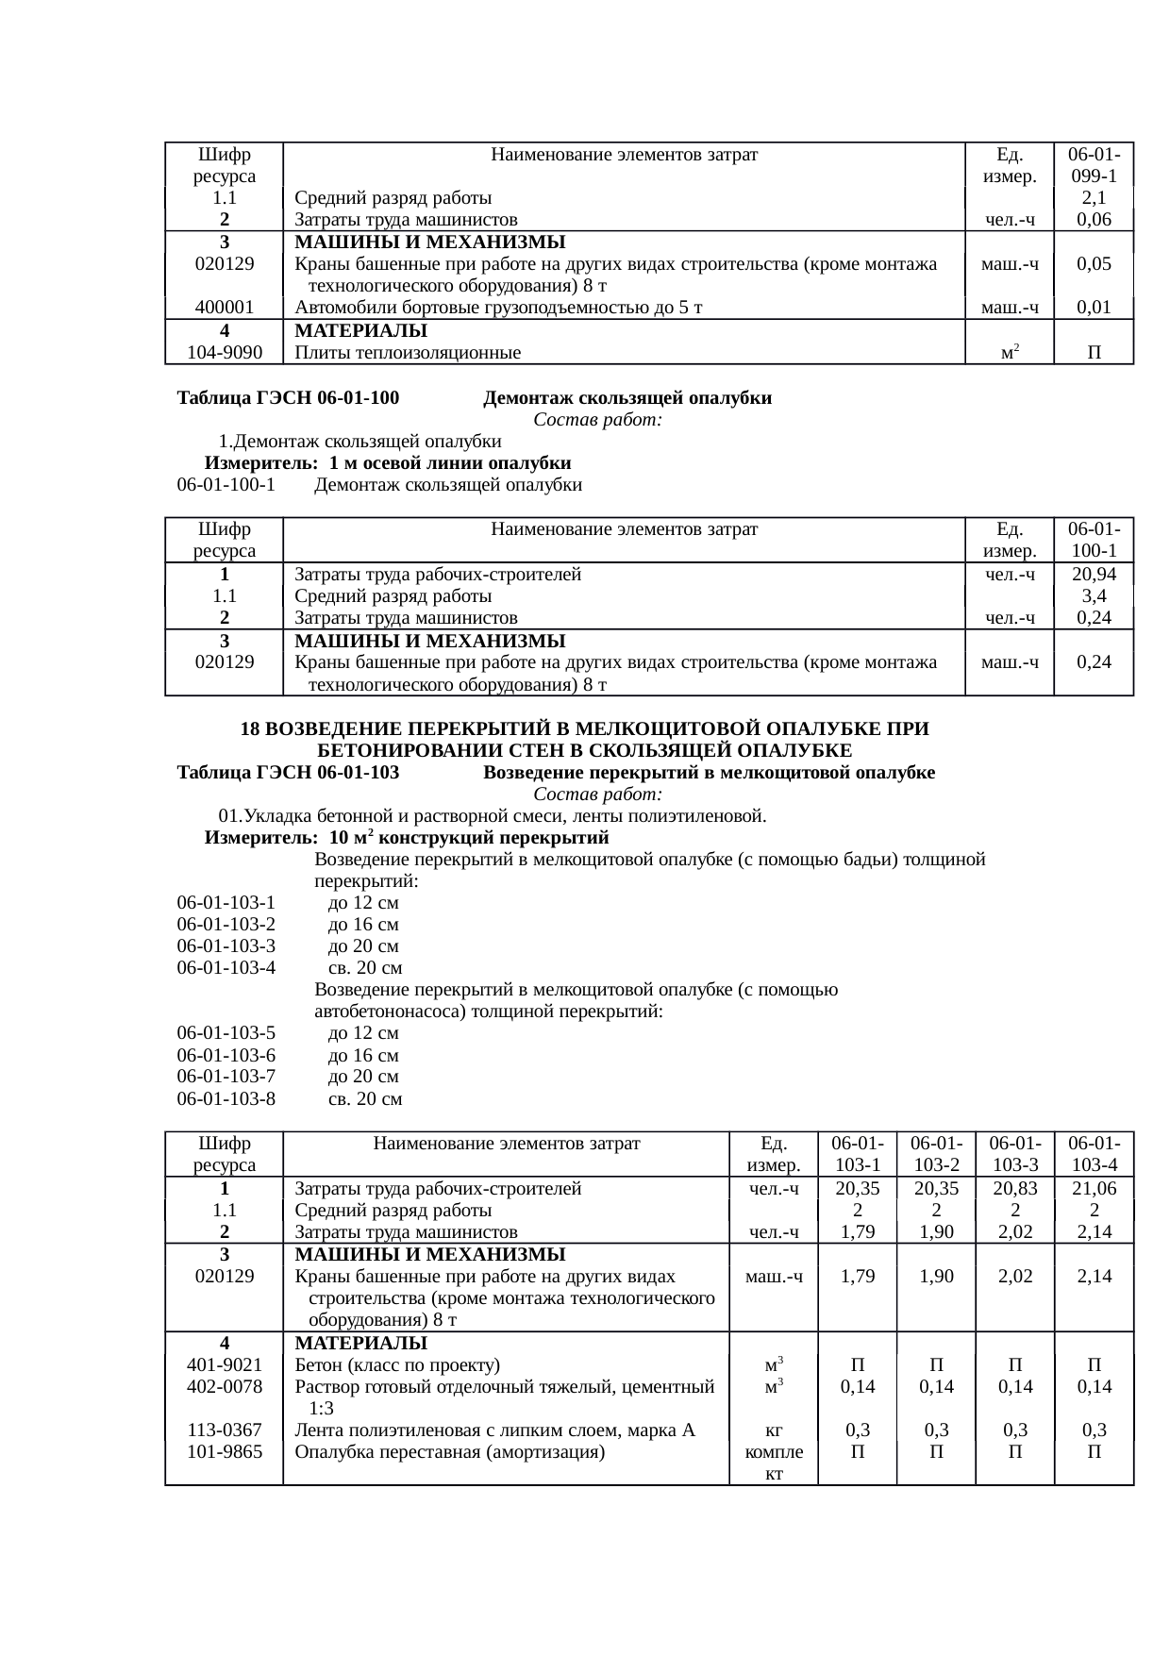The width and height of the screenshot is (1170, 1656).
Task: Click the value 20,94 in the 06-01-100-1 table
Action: tap(1093, 574)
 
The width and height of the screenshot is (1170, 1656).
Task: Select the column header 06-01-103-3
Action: tap(1014, 1154)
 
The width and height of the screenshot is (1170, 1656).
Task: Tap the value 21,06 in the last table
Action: tap(1093, 1188)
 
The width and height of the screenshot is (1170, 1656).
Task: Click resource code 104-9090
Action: tap(225, 353)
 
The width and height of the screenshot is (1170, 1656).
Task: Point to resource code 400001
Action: tap(225, 307)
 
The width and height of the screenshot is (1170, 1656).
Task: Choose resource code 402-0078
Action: tap(225, 1386)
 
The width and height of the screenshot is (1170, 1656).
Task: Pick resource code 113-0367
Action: tap(225, 1430)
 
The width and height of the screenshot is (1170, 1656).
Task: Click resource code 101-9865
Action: tap(225, 1452)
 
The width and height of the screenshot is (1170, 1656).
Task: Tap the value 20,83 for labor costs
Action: tap(1014, 1188)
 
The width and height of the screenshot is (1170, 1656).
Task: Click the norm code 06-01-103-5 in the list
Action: tap(226, 1033)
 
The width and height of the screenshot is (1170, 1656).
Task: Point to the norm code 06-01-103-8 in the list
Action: tap(226, 1099)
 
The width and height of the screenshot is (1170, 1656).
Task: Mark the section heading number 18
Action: tap(250, 729)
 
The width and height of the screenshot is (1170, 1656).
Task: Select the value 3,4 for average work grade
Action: tap(1094, 596)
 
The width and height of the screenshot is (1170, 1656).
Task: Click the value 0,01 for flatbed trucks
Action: tap(1093, 307)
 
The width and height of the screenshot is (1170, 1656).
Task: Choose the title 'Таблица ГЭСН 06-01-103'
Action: tap(288, 773)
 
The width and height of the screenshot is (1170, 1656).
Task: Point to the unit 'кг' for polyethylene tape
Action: tap(774, 1430)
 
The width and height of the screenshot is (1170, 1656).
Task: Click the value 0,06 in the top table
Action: tap(1093, 220)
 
